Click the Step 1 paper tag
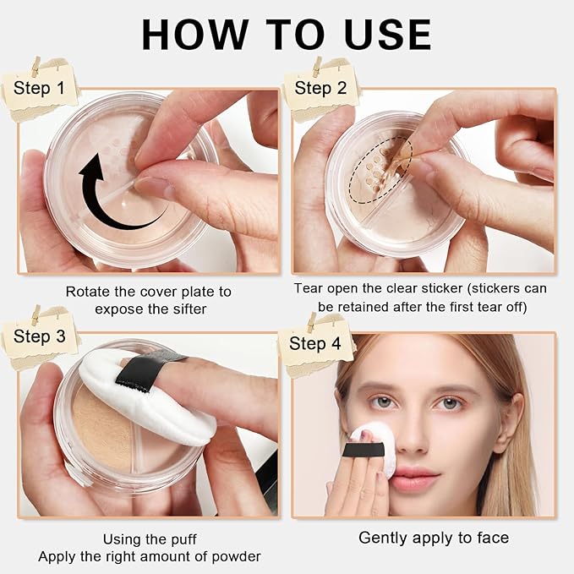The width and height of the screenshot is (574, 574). (x=41, y=89)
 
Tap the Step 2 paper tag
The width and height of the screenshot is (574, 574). (x=321, y=89)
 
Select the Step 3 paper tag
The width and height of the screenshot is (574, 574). (x=40, y=337)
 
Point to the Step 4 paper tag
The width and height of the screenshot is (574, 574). (x=315, y=344)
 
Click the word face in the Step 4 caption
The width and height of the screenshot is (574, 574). (x=493, y=538)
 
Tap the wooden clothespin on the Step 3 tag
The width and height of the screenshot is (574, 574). (x=36, y=314)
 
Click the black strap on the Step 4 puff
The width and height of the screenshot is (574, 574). (x=364, y=449)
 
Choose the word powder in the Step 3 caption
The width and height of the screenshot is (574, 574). (x=237, y=557)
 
